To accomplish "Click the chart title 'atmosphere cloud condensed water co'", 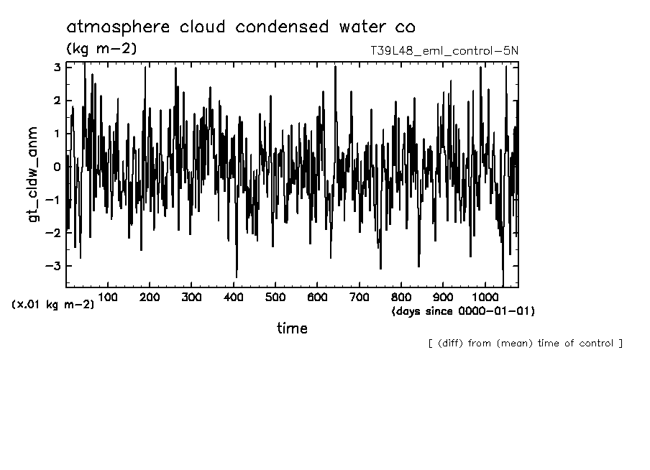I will [x=240, y=27].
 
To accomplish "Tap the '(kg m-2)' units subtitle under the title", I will [x=101, y=49].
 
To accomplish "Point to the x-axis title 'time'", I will [x=292, y=328].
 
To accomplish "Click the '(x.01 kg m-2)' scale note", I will [x=52, y=304].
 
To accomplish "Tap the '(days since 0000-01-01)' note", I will [x=463, y=311].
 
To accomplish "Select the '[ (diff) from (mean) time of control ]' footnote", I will [x=525, y=343].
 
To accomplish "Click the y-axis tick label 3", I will [x=56, y=67].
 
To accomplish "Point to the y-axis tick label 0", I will [x=56, y=167].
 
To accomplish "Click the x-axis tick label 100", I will [x=108, y=297].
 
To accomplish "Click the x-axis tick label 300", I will [x=191, y=297].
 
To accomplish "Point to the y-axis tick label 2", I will [x=56, y=101].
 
